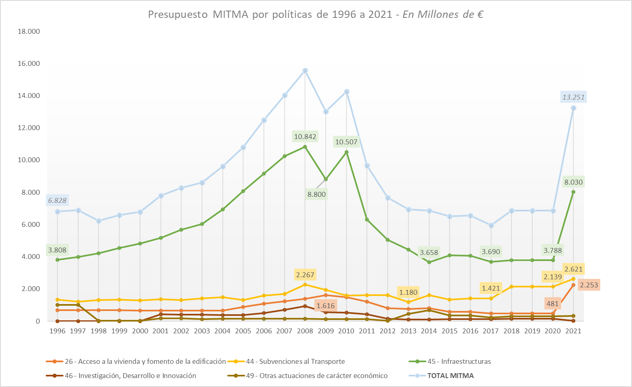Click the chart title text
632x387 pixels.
coord(316,15)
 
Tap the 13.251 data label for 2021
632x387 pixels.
coord(573,97)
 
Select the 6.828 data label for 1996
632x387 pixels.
coord(57,200)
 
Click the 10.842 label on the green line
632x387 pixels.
coord(305,137)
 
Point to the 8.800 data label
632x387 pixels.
coord(316,194)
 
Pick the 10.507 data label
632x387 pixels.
coord(346,142)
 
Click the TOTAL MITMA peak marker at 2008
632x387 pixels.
coord(305,71)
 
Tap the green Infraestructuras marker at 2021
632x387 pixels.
coord(573,192)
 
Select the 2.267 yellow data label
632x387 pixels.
coord(305,275)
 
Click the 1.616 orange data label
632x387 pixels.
coord(325,306)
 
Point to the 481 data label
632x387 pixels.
coord(553,303)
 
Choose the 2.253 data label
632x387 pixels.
coord(589,285)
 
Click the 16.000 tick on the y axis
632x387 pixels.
coord(29,63)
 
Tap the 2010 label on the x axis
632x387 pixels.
coord(346,331)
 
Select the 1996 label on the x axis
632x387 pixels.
coord(57,331)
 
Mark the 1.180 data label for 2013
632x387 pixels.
coord(408,292)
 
